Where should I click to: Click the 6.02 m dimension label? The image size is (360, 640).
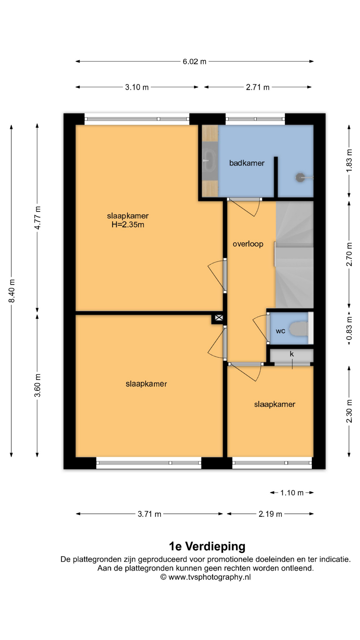194,62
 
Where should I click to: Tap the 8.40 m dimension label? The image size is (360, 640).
12,291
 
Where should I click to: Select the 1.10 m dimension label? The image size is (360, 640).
292,493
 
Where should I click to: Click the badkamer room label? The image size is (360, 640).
247,163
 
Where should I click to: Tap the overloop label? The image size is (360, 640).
248,244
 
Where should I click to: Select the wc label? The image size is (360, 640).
280,331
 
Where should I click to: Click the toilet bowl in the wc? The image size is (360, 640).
299,329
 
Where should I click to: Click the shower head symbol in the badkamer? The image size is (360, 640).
300,178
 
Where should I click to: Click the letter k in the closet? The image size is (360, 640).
292,354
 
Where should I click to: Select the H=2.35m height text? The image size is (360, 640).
128,225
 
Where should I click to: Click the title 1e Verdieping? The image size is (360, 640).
207,546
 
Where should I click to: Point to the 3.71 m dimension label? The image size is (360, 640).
149,514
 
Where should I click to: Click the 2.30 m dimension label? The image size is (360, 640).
349,411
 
